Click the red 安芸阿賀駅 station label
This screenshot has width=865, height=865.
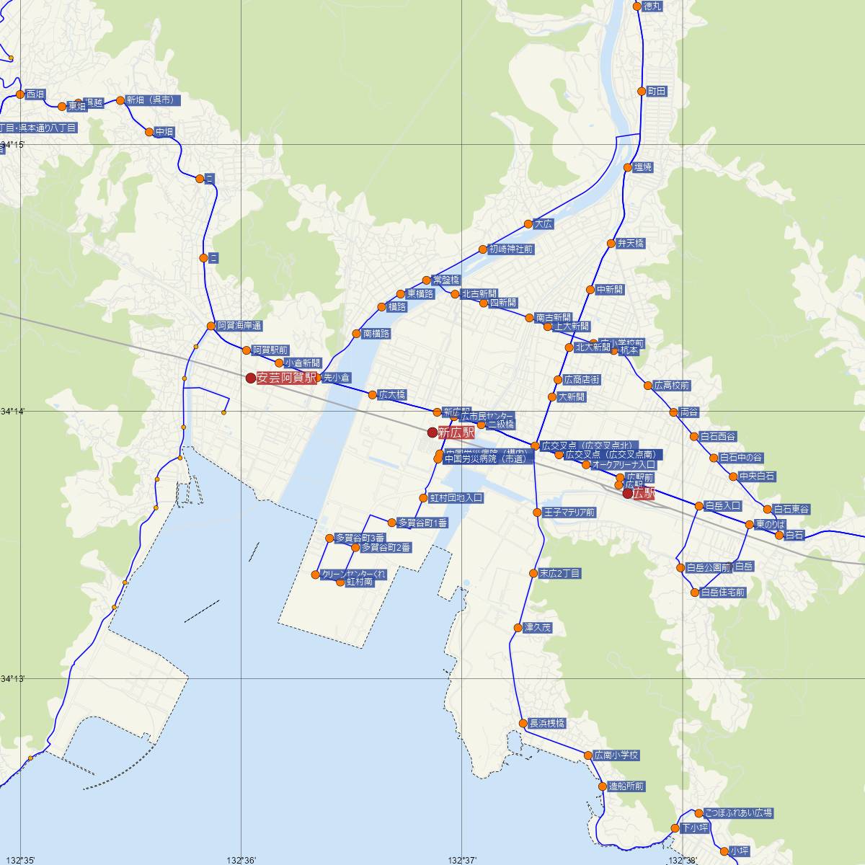286,378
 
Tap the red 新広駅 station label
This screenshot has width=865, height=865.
456,432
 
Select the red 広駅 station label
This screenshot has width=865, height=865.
644,494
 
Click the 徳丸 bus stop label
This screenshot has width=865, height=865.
652,6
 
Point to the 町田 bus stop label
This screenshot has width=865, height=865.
657,92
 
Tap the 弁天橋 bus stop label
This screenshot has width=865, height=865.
630,244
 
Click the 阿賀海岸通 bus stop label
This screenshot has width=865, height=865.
239,326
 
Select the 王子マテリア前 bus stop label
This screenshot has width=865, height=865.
569,513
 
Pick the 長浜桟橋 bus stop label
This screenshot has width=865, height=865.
547,723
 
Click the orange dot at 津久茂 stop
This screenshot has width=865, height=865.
518,628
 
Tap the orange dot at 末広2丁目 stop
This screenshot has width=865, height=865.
533,574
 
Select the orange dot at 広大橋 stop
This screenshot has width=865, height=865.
372,394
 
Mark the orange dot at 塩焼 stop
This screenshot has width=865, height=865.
627,168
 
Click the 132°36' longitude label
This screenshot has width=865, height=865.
241,859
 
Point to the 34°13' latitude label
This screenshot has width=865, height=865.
12,679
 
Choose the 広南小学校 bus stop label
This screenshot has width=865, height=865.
616,755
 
